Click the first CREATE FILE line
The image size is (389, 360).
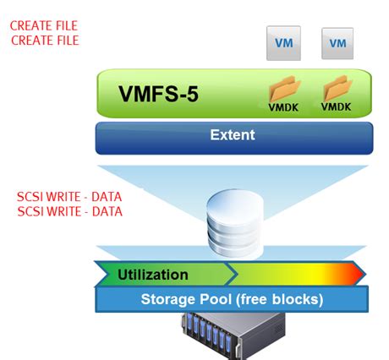(x=43, y=26)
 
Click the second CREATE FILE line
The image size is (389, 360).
(x=43, y=40)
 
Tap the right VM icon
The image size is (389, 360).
(x=337, y=43)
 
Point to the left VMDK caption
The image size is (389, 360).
(x=283, y=107)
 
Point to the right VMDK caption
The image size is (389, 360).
(x=337, y=107)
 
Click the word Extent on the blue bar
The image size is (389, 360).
(x=232, y=134)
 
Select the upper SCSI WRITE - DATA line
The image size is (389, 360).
(x=69, y=197)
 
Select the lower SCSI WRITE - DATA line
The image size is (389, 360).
(x=69, y=210)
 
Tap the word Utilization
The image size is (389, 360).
(x=152, y=274)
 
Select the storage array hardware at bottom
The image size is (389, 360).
(x=231, y=335)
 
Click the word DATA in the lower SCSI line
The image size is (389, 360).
(x=106, y=210)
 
